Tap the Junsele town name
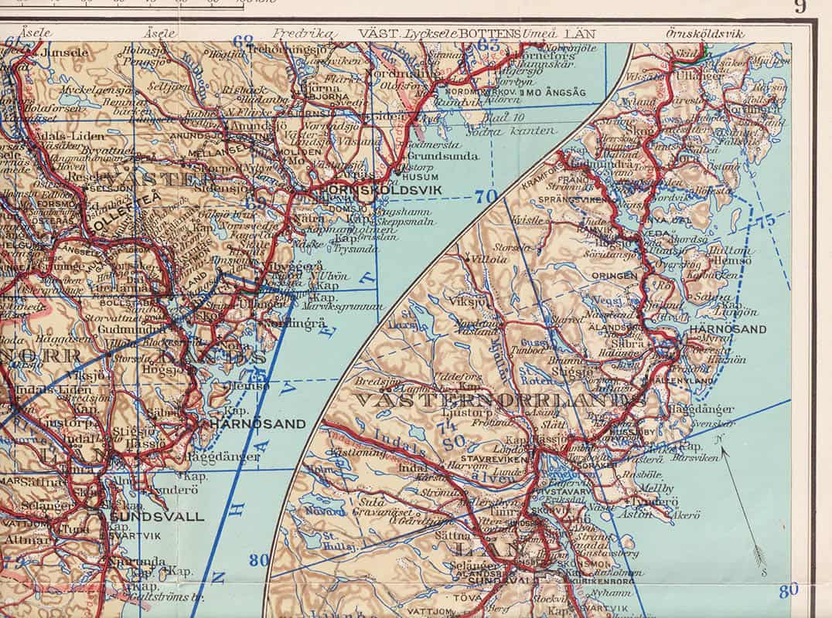point(66,53)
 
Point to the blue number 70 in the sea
point(486,197)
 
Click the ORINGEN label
point(615,274)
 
